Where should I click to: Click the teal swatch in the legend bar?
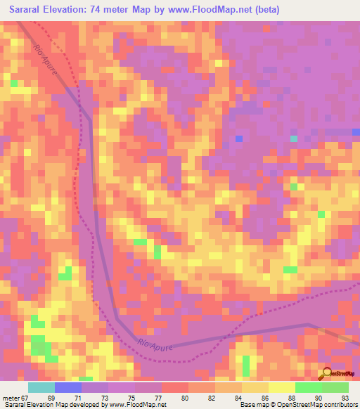click(41, 387)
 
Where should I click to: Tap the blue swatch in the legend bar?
click(68, 387)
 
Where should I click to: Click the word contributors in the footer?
click(341, 405)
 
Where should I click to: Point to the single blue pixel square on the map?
click(240, 138)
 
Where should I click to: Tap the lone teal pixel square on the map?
click(294, 138)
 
